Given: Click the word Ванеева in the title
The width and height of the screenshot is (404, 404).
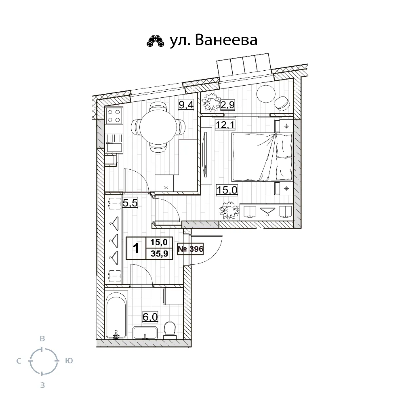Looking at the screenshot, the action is pos(226,40).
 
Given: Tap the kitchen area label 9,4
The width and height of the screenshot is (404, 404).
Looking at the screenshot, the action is pos(186,105).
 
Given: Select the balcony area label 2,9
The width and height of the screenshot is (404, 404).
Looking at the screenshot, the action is pos(227,105).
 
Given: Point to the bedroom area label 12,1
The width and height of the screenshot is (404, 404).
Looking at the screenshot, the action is pos(225,125).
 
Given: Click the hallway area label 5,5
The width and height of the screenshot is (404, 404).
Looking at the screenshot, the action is pos(130,203).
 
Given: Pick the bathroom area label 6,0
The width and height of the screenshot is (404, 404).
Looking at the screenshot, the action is pos(150,317).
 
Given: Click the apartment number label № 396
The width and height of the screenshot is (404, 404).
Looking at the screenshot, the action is pos(190,249).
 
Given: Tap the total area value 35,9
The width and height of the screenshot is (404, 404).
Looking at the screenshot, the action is pos(160,254).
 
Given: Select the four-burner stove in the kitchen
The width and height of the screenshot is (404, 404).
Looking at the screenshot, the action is pos(114,116).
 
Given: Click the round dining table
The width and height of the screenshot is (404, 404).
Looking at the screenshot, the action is pos(158,128).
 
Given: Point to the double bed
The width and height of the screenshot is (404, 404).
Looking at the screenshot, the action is pos(262,157).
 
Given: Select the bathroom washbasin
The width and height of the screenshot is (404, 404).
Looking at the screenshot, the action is pos(145,333).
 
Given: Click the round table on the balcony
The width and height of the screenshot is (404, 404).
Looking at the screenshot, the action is pos(266,94).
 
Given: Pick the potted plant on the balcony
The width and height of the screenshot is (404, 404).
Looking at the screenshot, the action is pos(212,102).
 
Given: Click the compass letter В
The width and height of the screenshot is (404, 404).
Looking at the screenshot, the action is pos(42,339).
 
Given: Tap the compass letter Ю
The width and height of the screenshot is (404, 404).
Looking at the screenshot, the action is pos(69,361).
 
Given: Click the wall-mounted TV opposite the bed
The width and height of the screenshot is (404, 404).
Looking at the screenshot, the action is pos(206,155).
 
